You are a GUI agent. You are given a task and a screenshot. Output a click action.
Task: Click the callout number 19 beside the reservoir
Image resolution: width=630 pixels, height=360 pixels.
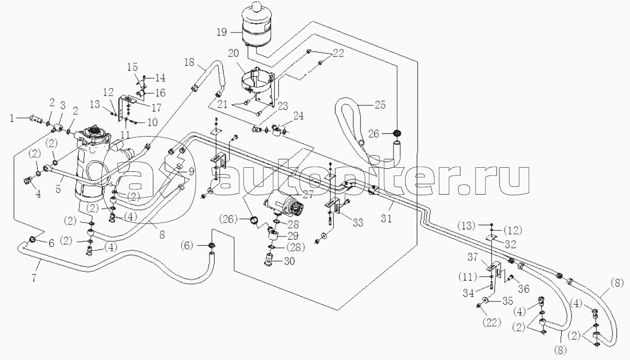pyautogui.click(x=222, y=32)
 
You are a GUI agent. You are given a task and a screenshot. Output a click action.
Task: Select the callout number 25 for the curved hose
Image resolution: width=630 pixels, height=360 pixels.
pyautogui.click(x=380, y=105)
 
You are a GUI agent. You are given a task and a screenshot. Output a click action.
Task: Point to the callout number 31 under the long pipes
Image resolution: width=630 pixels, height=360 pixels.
pyautogui.click(x=386, y=218)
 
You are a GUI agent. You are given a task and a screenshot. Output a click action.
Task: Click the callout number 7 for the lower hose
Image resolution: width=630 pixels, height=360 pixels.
pyautogui.click(x=34, y=278)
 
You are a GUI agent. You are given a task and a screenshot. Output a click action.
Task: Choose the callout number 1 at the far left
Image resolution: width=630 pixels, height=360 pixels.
pyautogui.click(x=12, y=118)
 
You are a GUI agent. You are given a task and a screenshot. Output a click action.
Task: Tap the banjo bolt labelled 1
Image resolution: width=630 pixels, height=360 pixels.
pyautogui.click(x=36, y=120)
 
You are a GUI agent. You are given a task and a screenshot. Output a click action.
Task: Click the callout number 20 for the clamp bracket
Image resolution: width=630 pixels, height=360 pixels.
pyautogui.click(x=233, y=53)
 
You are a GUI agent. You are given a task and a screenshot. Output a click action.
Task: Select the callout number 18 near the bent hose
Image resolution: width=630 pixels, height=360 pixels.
pyautogui.click(x=189, y=62)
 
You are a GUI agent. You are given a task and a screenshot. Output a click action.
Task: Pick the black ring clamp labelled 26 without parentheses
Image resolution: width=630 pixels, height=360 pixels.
pyautogui.click(x=397, y=133)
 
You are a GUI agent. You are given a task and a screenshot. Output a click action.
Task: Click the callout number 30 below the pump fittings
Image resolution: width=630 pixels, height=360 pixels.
pyautogui.click(x=289, y=261)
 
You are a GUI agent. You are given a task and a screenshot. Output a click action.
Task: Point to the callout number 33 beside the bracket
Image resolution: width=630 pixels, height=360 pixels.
pyautogui.click(x=358, y=223)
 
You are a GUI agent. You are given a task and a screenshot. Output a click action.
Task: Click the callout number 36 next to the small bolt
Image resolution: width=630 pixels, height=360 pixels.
pyautogui.click(x=524, y=288)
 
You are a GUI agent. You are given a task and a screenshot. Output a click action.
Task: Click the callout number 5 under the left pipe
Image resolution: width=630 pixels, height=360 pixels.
pyautogui.click(x=58, y=189)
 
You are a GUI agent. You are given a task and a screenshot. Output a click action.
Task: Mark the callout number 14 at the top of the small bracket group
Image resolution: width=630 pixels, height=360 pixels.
pyautogui.click(x=160, y=78)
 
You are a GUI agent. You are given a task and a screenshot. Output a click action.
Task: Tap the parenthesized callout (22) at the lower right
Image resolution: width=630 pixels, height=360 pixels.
pyautogui.click(x=492, y=322)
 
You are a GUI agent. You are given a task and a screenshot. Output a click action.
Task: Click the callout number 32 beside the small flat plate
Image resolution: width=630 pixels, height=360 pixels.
pyautogui.click(x=511, y=245)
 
